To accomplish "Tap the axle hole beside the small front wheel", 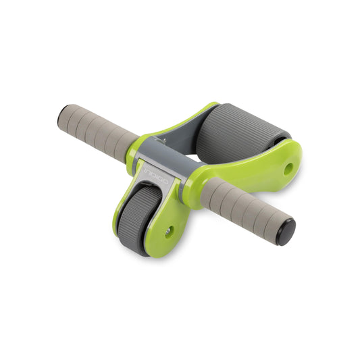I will (x=168, y=231).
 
